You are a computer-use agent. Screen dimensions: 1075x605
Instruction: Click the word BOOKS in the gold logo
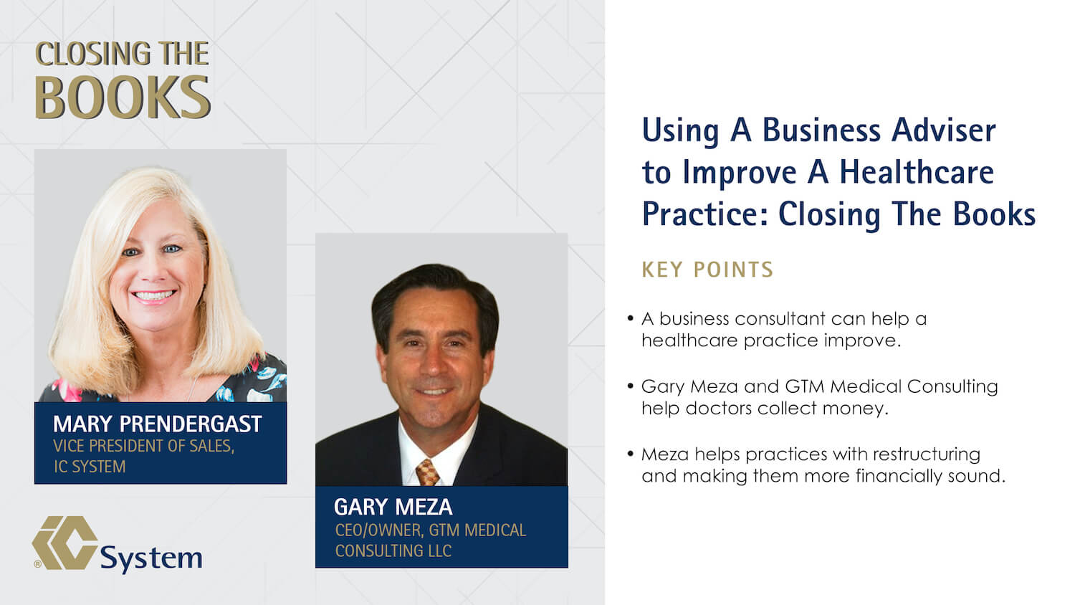coord(123,97)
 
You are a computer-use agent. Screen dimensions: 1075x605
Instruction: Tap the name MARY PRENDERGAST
coord(158,424)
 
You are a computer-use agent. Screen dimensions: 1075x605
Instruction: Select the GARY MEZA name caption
coord(393,507)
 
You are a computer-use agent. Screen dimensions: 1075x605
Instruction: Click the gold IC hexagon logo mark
coord(64,543)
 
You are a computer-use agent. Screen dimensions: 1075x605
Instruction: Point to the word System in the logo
coord(151,558)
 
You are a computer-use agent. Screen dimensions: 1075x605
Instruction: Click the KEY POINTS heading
coord(707,270)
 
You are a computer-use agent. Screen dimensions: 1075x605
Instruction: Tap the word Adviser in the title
coord(944,130)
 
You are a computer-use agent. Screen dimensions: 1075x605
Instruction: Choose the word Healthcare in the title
coord(917,172)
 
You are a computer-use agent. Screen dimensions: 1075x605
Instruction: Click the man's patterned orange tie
coord(427,472)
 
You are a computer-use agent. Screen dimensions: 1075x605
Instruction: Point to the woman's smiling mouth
coord(153,295)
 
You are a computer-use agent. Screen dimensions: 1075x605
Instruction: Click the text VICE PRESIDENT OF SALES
coord(143,446)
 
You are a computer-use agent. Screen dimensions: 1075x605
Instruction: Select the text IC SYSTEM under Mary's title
coord(90,467)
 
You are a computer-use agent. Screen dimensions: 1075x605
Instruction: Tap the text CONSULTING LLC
coord(393,551)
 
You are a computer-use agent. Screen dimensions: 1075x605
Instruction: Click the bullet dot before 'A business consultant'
coord(630,318)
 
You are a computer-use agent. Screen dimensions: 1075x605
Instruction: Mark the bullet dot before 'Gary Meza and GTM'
coord(630,386)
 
